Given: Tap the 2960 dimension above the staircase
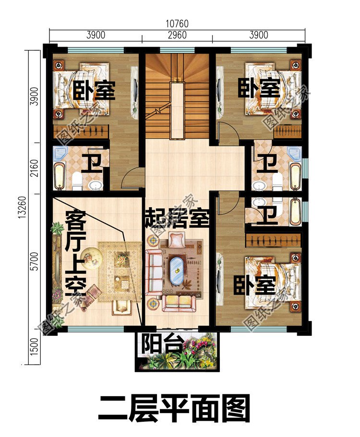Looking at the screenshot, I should pos(177,35).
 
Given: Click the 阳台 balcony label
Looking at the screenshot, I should pos(155,343).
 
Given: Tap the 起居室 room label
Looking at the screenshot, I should pos(177,219).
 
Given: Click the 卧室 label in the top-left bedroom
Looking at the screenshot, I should pos(95,90).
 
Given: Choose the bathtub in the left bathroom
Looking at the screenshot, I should pos(59,176).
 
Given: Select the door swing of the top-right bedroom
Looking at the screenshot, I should pos(226,133).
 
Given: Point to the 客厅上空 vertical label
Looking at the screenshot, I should pos(75,252).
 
